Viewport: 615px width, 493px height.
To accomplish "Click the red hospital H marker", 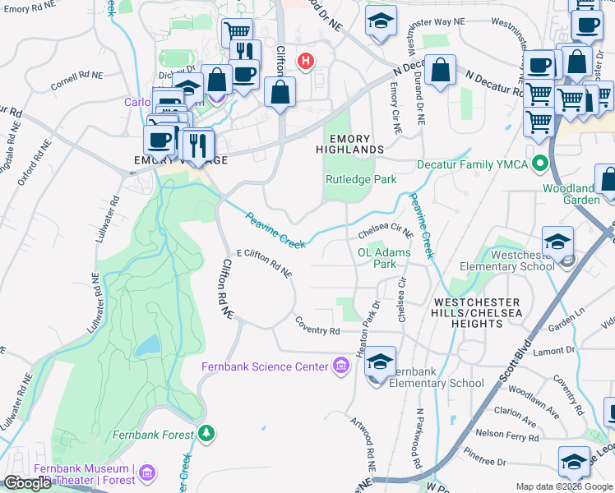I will tap(307, 61).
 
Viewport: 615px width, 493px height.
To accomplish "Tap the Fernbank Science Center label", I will tap(266, 366).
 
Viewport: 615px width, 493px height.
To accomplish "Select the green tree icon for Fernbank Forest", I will tap(207, 432).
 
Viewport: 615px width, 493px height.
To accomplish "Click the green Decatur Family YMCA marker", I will tap(540, 164).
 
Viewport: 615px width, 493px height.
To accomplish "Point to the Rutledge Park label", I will tap(361, 179).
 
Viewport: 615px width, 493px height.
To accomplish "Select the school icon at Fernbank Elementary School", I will tap(380, 362).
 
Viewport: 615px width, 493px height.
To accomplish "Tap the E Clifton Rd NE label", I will tap(265, 263).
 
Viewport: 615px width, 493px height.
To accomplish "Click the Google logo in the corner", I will tap(28, 483).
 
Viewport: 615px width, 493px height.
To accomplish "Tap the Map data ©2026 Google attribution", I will tap(564, 486).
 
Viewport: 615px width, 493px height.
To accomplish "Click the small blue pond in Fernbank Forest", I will tap(148, 345).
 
